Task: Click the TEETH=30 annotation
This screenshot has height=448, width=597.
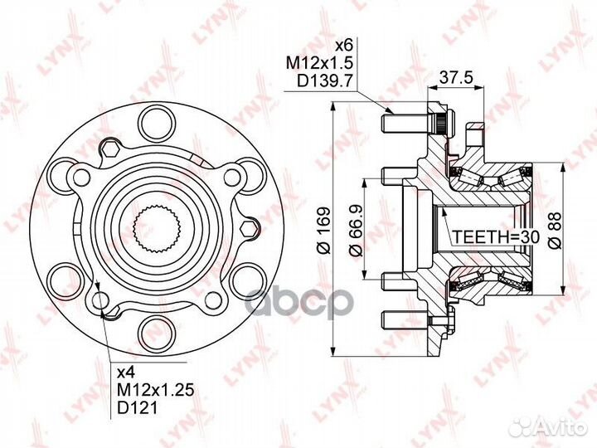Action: click(496, 238)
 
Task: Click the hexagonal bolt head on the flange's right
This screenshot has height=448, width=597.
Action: click(247, 226)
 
